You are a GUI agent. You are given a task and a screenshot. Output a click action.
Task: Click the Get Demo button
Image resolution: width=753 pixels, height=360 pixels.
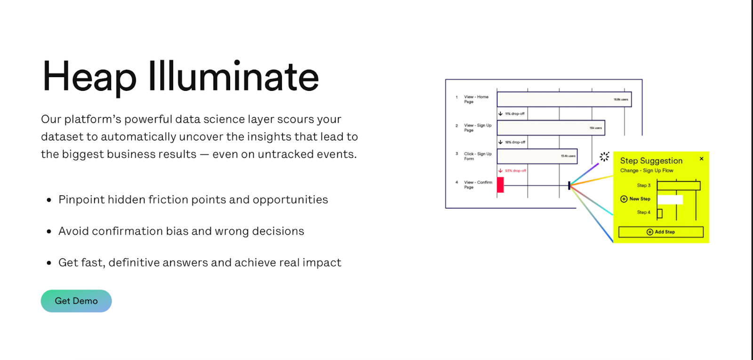(x=76, y=301)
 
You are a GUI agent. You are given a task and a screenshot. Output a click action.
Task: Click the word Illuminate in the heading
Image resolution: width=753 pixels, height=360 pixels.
(x=233, y=77)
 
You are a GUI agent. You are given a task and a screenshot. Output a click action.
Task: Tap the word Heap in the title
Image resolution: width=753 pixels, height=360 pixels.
(x=89, y=77)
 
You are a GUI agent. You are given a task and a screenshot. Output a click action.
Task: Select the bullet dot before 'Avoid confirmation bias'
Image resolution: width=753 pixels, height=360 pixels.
(x=49, y=232)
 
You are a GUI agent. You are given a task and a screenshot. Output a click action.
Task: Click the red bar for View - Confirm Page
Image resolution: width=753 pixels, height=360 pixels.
(x=500, y=185)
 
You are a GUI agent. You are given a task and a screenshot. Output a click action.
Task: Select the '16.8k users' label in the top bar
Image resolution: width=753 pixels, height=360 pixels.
(x=620, y=100)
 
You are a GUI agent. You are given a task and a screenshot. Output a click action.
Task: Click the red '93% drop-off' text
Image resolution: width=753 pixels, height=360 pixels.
(x=515, y=171)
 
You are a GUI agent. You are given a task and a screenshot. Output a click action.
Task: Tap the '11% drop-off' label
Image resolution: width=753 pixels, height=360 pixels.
(x=514, y=114)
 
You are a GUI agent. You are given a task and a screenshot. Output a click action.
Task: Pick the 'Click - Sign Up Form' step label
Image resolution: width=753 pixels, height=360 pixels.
(x=477, y=156)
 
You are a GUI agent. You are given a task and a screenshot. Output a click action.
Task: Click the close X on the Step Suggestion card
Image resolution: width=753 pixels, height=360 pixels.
(x=701, y=159)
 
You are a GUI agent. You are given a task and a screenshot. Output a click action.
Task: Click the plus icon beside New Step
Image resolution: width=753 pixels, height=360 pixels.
(x=624, y=199)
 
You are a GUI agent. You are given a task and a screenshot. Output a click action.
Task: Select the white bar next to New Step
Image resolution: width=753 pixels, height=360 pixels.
(x=670, y=200)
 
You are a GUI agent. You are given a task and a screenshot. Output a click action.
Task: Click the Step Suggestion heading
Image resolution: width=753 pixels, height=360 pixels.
(x=651, y=161)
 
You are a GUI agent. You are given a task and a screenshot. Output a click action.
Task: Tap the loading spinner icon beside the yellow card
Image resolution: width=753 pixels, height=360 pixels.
(x=604, y=157)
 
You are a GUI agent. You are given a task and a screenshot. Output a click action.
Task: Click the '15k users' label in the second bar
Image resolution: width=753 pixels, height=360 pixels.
(x=595, y=128)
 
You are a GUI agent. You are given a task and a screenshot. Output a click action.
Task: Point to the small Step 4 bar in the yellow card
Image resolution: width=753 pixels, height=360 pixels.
(x=659, y=214)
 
